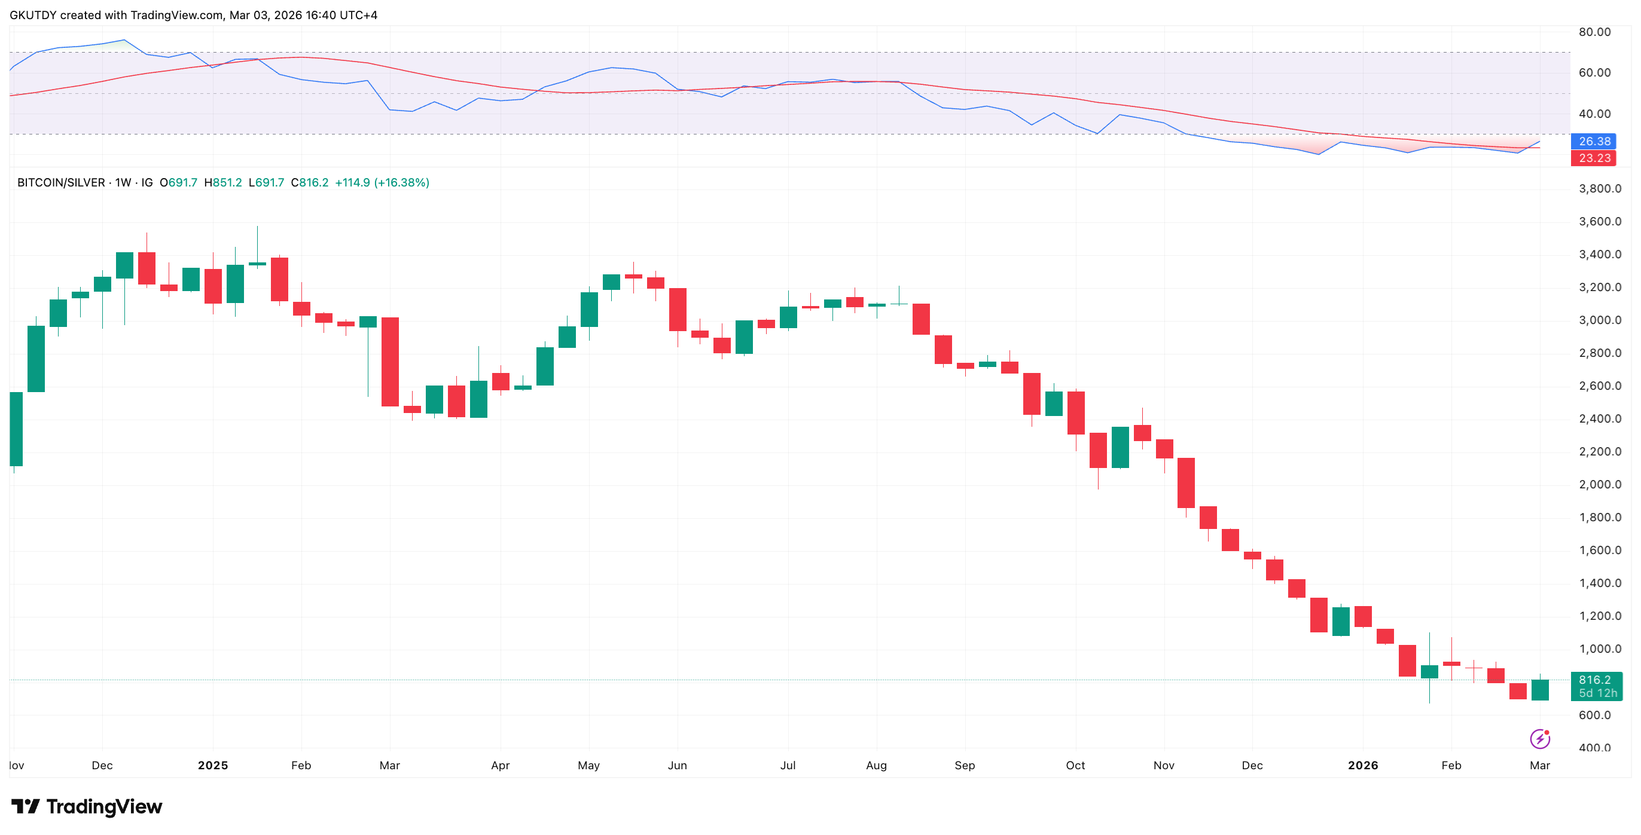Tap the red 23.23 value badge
point(1594,158)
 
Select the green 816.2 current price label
point(1596,680)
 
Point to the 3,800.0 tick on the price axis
point(1600,188)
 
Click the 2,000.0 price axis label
point(1600,485)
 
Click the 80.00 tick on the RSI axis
point(1594,32)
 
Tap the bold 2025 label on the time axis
point(213,766)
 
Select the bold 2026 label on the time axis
point(1362,766)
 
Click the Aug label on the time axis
point(876,766)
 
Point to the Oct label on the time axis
point(1075,766)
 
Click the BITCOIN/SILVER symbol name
point(61,183)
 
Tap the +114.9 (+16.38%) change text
point(382,183)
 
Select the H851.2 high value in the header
point(223,183)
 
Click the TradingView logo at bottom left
point(87,807)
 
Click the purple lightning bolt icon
point(1540,739)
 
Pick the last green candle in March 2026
point(1540,690)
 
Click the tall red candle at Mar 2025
point(390,362)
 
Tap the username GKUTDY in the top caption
point(33,16)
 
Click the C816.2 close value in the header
point(310,183)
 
